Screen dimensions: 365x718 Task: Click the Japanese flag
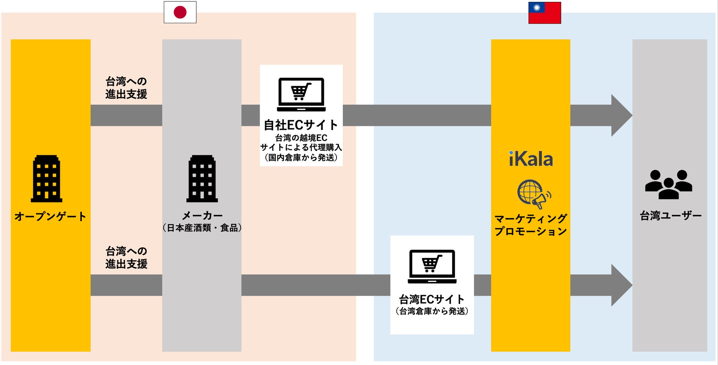[x=180, y=12]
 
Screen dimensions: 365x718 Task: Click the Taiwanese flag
[x=545, y=13]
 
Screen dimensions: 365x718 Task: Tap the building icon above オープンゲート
[x=46, y=179]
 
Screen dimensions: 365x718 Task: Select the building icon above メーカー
[x=202, y=179]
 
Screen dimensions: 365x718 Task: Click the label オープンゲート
[x=50, y=216]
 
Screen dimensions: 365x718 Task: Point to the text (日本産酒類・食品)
[x=202, y=228]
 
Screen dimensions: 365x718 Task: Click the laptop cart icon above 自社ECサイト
[x=301, y=94]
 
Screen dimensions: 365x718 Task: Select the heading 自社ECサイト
[x=301, y=125]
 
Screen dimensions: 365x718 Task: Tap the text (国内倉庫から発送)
[x=301, y=157]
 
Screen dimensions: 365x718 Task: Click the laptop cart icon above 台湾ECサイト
[x=432, y=267]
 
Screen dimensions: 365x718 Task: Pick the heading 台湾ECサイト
[x=432, y=299]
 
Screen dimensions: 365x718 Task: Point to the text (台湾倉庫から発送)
[x=432, y=311]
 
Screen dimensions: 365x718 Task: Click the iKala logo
[x=531, y=159]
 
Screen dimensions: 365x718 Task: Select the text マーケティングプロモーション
[x=531, y=225]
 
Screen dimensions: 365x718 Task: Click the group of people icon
[x=669, y=184]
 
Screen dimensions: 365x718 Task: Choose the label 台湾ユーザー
[x=671, y=216]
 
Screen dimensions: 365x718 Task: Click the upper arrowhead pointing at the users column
[x=621, y=115]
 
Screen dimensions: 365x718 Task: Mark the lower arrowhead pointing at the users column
[x=621, y=285]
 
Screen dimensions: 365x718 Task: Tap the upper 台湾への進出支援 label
[x=126, y=88]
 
